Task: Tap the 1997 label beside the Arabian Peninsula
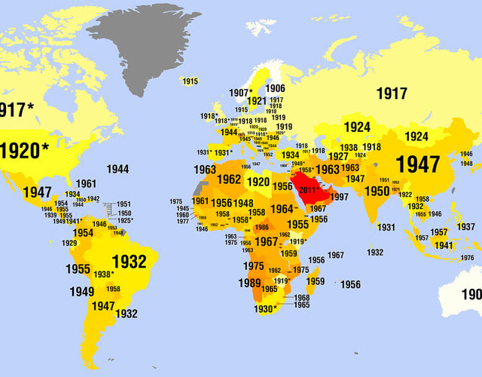(x=339, y=197)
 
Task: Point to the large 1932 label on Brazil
(x=129, y=261)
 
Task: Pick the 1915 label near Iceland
(x=190, y=81)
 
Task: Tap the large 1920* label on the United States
(x=23, y=149)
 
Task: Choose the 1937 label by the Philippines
(x=466, y=227)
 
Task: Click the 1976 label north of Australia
(x=467, y=258)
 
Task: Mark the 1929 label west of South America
(x=69, y=243)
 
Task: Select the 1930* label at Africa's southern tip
(x=264, y=308)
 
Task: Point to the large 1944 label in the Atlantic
(x=117, y=169)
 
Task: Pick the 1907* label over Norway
(x=241, y=93)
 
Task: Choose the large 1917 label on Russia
(x=392, y=94)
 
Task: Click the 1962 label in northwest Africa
(x=228, y=180)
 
